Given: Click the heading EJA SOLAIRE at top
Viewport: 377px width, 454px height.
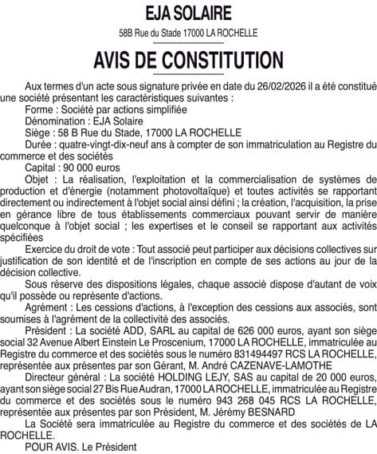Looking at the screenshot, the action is [188, 14].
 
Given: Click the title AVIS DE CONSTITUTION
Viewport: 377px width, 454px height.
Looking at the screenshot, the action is [188, 61].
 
